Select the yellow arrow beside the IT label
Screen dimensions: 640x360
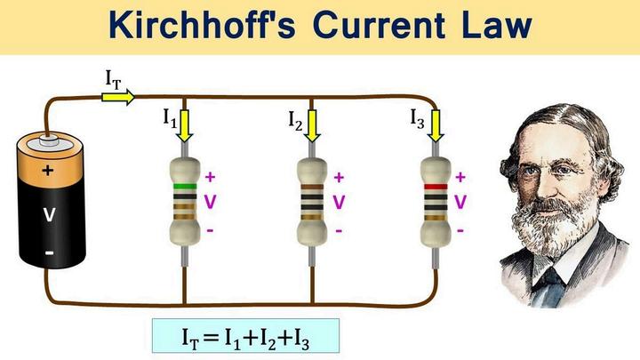(117, 95)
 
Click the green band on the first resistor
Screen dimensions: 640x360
(185, 187)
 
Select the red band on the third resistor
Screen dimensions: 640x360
(435, 187)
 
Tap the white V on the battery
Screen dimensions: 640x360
(47, 213)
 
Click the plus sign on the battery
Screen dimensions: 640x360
(47, 170)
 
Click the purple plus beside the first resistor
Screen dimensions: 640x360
(211, 176)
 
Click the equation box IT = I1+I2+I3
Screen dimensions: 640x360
(245, 335)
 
